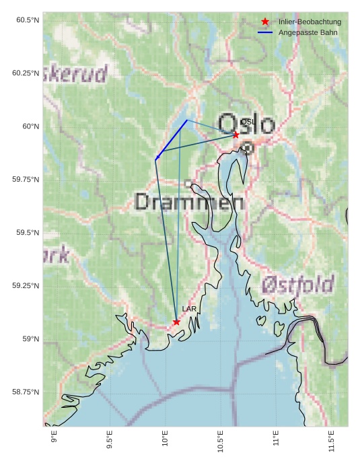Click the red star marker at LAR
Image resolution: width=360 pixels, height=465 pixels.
point(176,322)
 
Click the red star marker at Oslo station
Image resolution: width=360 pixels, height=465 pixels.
point(236,135)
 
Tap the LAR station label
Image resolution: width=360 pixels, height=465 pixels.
point(188,309)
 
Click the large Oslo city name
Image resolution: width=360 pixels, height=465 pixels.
point(247,124)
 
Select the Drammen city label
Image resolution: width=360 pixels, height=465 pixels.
point(190,201)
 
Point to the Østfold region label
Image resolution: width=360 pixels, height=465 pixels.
point(297,284)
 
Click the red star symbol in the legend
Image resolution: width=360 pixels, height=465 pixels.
point(266,22)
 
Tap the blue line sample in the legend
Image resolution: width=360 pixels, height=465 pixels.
point(266,32)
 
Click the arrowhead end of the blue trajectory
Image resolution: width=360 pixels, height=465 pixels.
point(156,159)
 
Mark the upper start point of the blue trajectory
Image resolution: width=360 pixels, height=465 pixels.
point(187,120)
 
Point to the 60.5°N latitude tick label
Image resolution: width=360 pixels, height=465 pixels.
point(28,20)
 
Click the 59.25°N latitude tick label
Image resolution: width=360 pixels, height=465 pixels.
point(26,286)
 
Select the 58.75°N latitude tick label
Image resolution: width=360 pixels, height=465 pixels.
point(26,392)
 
